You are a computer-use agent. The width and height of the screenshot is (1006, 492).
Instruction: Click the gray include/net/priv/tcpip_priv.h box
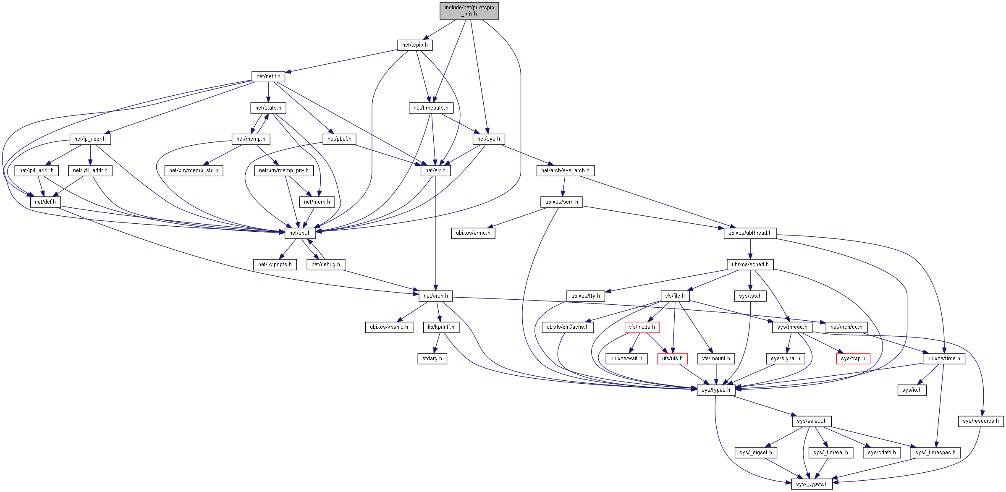tap(469, 11)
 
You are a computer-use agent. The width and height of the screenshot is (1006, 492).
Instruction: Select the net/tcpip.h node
tap(414, 45)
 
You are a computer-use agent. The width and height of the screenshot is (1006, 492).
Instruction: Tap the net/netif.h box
tap(268, 76)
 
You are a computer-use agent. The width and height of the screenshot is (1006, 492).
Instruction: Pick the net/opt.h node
tap(300, 233)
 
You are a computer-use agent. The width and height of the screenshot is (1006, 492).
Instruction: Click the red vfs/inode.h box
tap(642, 327)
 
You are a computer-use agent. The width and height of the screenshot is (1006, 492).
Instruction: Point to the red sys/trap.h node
tap(853, 359)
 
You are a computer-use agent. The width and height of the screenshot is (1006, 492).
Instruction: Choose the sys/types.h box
tap(716, 390)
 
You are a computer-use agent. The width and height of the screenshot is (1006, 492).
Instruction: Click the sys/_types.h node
tap(812, 484)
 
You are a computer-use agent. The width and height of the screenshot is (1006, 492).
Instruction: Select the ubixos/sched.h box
tap(750, 264)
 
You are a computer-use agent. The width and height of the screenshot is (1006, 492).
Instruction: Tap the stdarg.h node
tap(432, 359)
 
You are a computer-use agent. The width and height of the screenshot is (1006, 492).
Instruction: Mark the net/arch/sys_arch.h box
tap(565, 170)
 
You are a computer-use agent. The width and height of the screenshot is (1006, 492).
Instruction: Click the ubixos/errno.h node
tap(473, 233)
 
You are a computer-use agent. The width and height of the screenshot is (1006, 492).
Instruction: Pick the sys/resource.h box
tap(981, 421)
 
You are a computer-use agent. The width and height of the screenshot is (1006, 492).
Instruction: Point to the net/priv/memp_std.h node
tap(194, 170)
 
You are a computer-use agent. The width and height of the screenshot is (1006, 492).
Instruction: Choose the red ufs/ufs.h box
tap(672, 359)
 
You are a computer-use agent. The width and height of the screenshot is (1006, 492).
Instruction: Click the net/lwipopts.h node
tap(275, 264)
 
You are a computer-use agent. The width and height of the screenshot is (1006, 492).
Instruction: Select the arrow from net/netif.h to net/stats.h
tap(268, 92)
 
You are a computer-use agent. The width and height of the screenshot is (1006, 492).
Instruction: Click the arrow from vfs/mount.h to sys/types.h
tap(716, 374)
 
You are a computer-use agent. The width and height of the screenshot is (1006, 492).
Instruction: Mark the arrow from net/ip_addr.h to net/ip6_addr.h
tap(90, 154)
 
